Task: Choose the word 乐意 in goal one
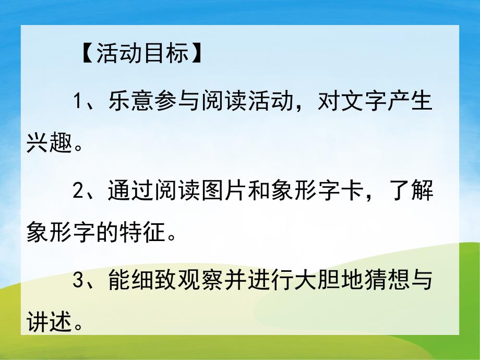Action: click(x=126, y=101)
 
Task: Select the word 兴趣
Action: click(x=49, y=144)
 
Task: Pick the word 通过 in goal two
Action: click(x=126, y=192)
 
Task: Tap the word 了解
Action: click(x=410, y=192)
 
